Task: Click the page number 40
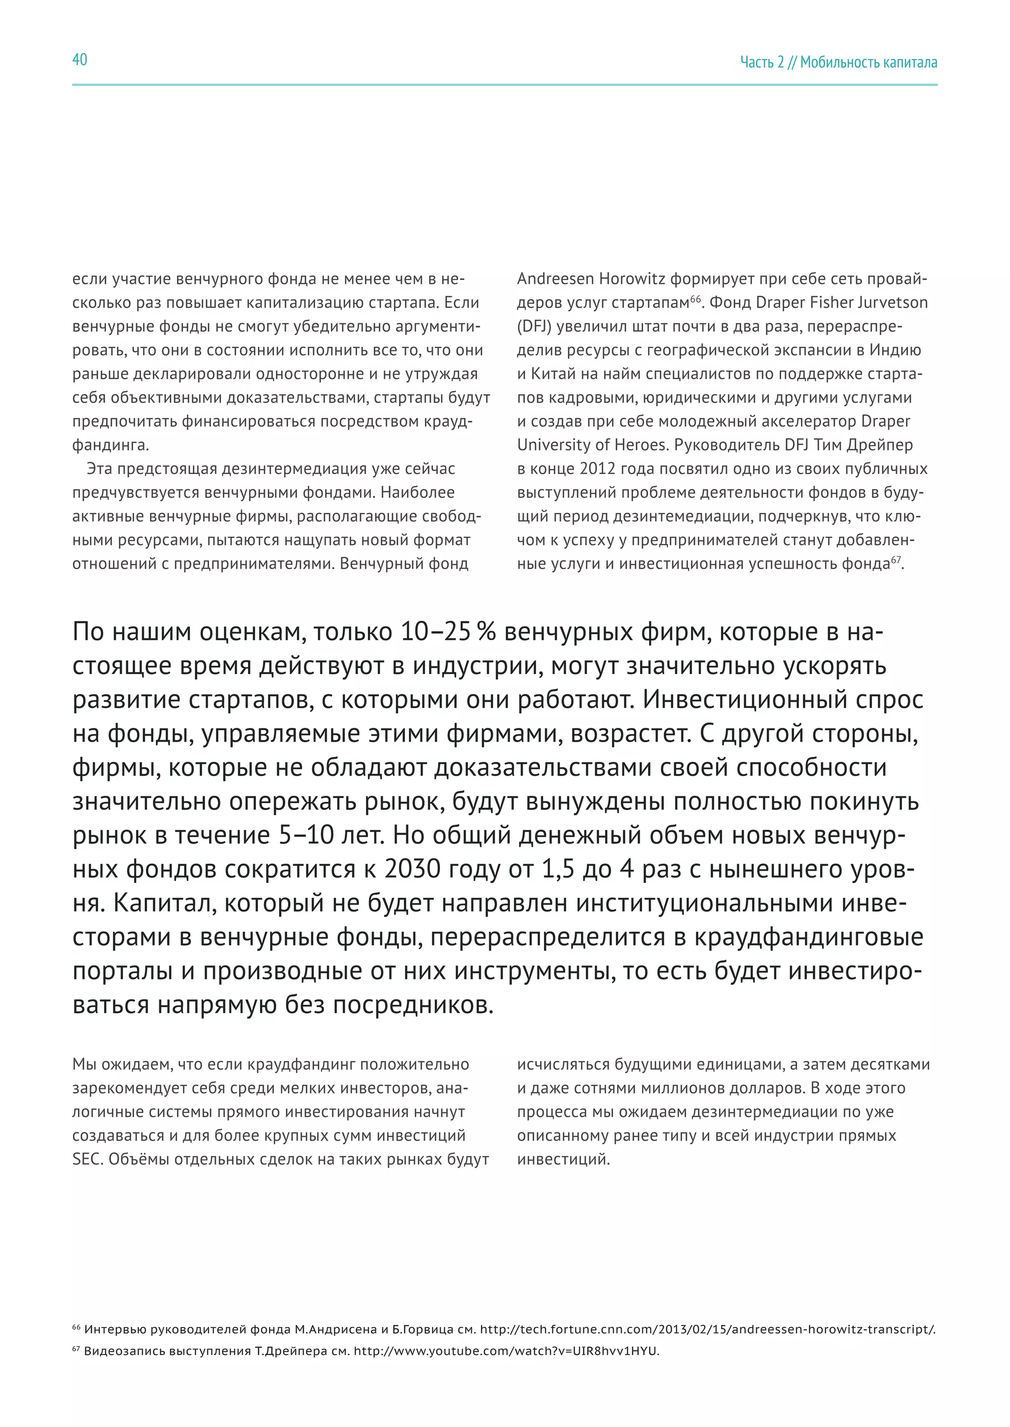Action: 79,60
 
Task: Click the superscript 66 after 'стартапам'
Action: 695,299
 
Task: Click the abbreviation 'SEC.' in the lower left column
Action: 88,1160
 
